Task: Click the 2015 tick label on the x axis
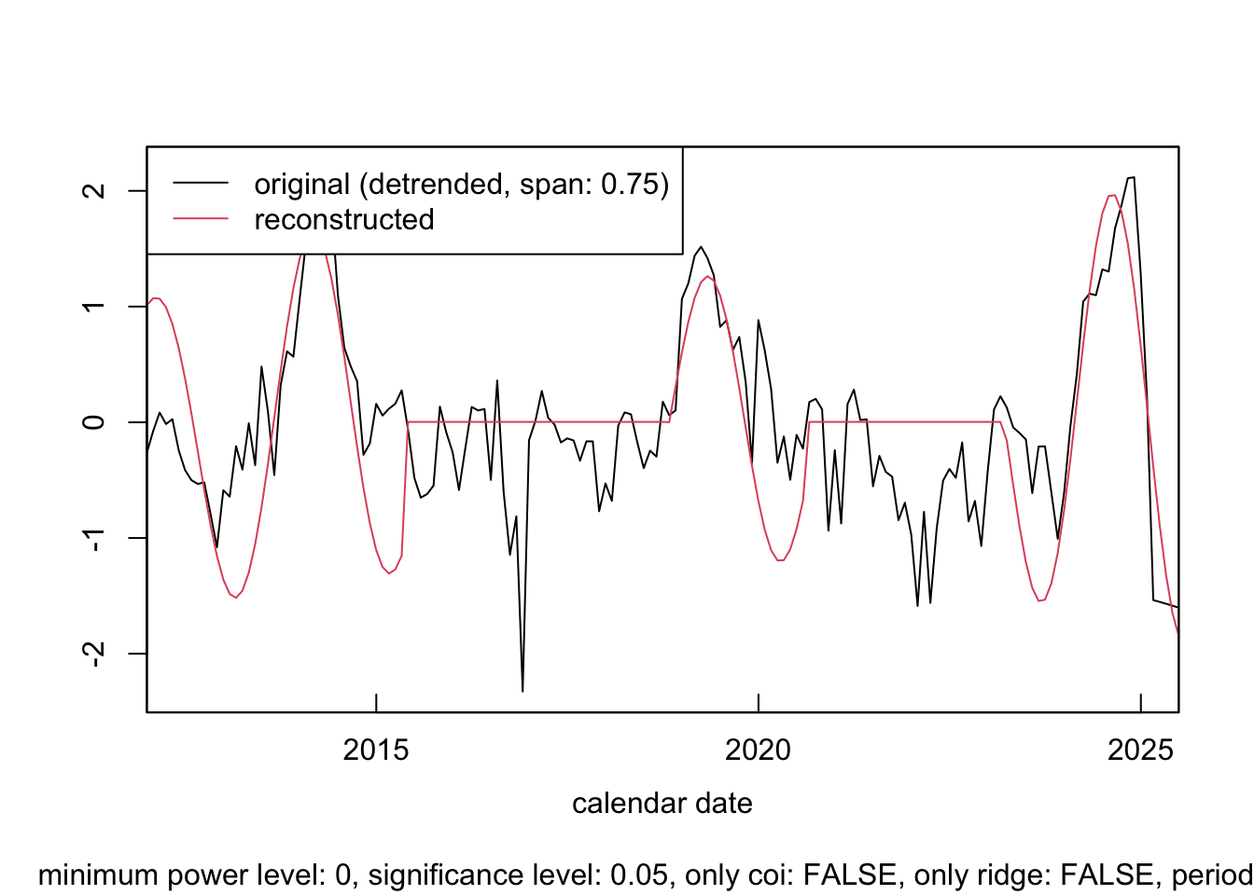click(x=376, y=750)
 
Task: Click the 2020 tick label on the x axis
click(x=758, y=750)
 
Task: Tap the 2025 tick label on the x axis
click(x=1140, y=750)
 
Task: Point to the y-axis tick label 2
click(x=93, y=191)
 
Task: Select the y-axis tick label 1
click(x=93, y=307)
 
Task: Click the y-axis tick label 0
click(x=93, y=422)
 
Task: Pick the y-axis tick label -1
click(x=93, y=538)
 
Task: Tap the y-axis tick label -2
click(x=93, y=654)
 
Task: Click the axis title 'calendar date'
click(x=662, y=804)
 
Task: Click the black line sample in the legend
click(x=201, y=184)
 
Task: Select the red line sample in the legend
click(x=201, y=219)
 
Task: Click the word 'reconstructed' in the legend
click(x=344, y=220)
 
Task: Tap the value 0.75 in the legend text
click(x=630, y=185)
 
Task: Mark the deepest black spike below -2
click(x=522, y=691)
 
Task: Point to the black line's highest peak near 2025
click(x=1132, y=177)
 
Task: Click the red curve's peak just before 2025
click(x=1112, y=195)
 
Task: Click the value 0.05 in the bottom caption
click(x=639, y=875)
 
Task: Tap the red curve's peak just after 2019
click(x=707, y=276)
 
